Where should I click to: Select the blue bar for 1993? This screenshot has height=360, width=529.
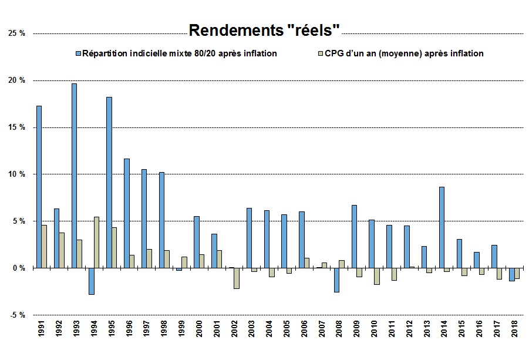tap(74, 176)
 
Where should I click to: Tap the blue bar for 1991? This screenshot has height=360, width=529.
tap(39, 187)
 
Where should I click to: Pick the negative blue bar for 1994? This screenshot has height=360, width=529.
tap(92, 281)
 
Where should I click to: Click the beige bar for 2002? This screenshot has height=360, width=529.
tap(237, 278)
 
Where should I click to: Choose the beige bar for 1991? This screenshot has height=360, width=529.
tap(45, 246)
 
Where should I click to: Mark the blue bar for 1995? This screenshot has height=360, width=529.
tap(109, 182)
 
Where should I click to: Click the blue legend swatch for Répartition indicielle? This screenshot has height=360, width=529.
tap(78, 53)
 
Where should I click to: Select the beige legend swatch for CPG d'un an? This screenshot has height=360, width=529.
tap(320, 53)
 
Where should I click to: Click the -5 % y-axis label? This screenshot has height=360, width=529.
tap(17, 315)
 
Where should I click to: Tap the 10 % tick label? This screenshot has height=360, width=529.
tap(17, 174)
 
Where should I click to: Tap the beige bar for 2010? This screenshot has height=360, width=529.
tap(376, 276)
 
